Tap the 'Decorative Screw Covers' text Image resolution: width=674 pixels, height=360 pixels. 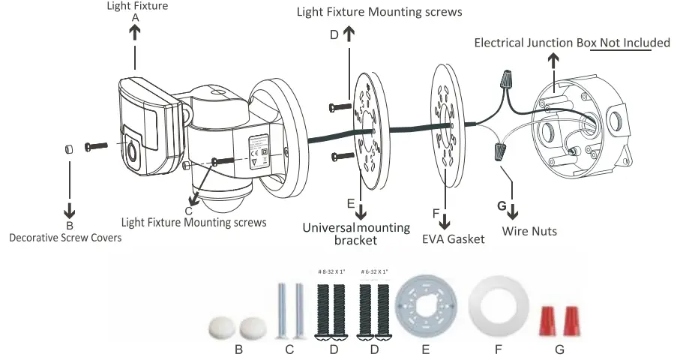[x=65, y=238]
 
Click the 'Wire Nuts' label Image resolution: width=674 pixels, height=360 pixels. [x=529, y=231]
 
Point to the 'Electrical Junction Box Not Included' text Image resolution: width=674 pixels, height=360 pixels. [x=572, y=43]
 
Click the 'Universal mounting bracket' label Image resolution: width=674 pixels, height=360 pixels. [x=356, y=234]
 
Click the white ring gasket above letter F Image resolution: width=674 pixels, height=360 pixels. [x=494, y=307]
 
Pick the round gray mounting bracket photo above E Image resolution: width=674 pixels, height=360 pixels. [x=425, y=308]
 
